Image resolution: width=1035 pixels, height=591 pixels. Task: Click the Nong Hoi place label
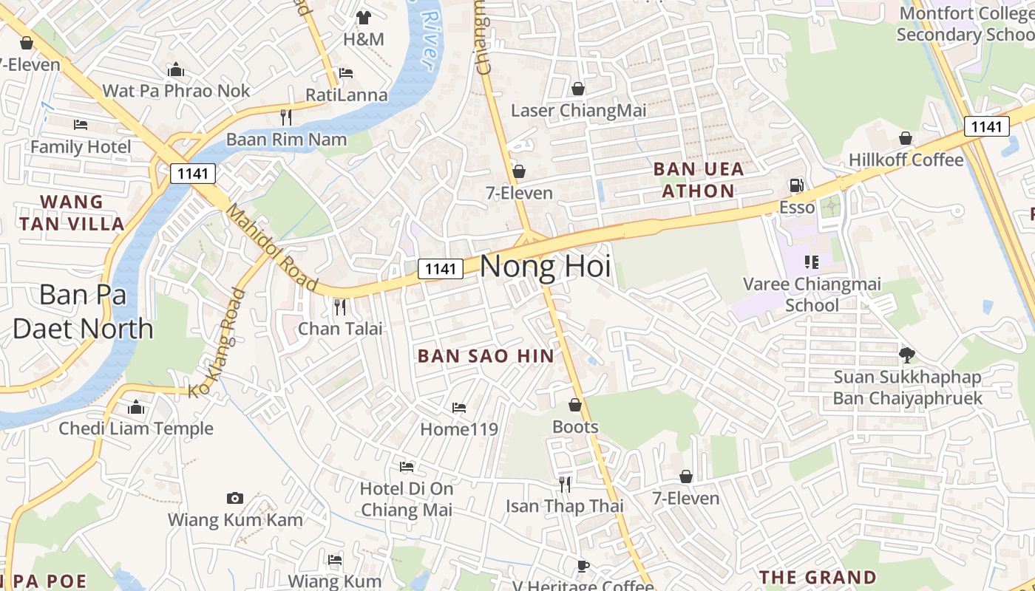point(546,267)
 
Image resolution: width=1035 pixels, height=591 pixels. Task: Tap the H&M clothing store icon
point(363,17)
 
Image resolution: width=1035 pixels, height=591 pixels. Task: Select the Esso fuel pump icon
point(796,185)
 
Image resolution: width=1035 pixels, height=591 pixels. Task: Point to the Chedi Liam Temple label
point(136,428)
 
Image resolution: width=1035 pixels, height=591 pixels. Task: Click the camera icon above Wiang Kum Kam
point(235,498)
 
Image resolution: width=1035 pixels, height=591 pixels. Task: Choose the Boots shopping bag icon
point(575,406)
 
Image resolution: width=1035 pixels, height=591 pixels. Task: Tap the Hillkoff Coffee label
point(906,160)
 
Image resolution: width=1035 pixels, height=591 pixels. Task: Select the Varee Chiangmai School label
point(812,294)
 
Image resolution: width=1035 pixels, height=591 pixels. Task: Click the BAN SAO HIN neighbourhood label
point(486,356)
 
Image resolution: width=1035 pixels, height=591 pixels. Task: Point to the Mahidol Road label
point(271,247)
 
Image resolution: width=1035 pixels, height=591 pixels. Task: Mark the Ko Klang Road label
point(217,343)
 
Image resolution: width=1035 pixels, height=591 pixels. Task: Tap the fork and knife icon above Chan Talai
point(340,306)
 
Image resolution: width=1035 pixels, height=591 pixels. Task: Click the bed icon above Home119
point(459,408)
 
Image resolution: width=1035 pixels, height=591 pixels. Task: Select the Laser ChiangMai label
point(578,111)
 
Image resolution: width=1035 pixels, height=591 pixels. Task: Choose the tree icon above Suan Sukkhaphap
point(907,355)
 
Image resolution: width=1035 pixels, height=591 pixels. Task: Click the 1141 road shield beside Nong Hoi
point(441,269)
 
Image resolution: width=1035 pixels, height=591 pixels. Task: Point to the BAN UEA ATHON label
point(699,180)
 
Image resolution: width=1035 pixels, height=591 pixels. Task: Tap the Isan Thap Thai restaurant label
point(565,506)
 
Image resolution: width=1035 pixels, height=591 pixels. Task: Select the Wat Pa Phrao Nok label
point(176,91)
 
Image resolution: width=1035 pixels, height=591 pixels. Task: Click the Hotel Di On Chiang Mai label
point(407,499)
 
